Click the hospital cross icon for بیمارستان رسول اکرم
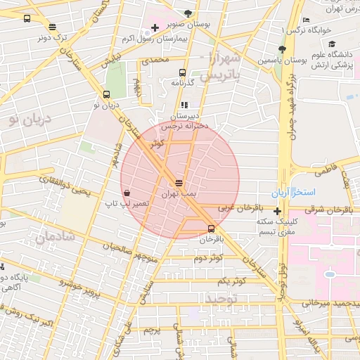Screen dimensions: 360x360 (x=155, y=27)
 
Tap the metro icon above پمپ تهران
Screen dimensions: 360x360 (x=180, y=181)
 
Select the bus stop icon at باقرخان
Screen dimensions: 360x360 (x=212, y=229)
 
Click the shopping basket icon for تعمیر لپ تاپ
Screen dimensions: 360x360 (x=127, y=193)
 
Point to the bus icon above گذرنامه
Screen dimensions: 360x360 (x=183, y=72)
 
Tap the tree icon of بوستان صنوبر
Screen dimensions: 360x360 (x=187, y=13)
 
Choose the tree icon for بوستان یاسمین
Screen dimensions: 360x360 (x=282, y=49)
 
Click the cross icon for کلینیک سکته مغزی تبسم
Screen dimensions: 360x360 (x=278, y=211)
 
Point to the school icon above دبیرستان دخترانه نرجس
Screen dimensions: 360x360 (x=185, y=105)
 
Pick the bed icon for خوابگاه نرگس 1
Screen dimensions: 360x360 (x=304, y=20)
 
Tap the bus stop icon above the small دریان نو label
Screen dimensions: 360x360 (x=106, y=94)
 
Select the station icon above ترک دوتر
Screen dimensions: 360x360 (x=53, y=27)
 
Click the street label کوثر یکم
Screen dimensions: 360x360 (x=231, y=281)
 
